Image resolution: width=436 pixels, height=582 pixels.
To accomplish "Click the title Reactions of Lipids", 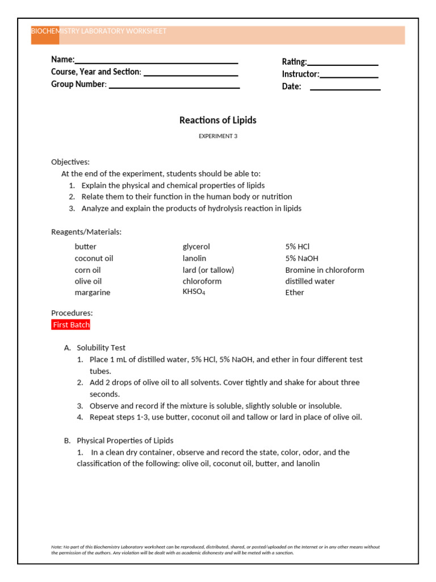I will click(x=218, y=120).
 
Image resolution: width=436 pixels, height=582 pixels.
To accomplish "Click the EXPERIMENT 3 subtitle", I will click(x=218, y=136).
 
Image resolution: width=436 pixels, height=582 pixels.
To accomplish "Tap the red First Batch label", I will click(x=71, y=325).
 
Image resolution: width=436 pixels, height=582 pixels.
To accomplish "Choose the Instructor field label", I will click(x=300, y=74).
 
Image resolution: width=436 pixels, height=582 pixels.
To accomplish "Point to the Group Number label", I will click(x=78, y=84).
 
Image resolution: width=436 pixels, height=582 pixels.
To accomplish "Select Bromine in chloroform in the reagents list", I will click(x=325, y=270).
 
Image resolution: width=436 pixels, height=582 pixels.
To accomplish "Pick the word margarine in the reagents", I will click(x=93, y=292).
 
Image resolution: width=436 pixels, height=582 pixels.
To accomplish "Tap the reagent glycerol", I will click(x=196, y=247).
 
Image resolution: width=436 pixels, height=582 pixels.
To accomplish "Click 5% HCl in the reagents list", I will click(x=297, y=247).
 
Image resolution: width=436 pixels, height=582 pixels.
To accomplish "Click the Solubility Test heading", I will click(x=101, y=347).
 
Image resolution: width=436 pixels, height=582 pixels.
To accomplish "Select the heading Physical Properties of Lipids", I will click(x=125, y=440).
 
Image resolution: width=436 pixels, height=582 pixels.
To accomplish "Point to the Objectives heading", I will click(x=70, y=162).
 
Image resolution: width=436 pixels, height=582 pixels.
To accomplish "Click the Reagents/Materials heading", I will click(x=86, y=232).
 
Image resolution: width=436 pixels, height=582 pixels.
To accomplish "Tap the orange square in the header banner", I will click(x=45, y=35).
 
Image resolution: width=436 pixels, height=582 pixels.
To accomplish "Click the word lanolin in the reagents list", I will click(x=195, y=258).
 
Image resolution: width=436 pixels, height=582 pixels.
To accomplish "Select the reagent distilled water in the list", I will click(x=310, y=281).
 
